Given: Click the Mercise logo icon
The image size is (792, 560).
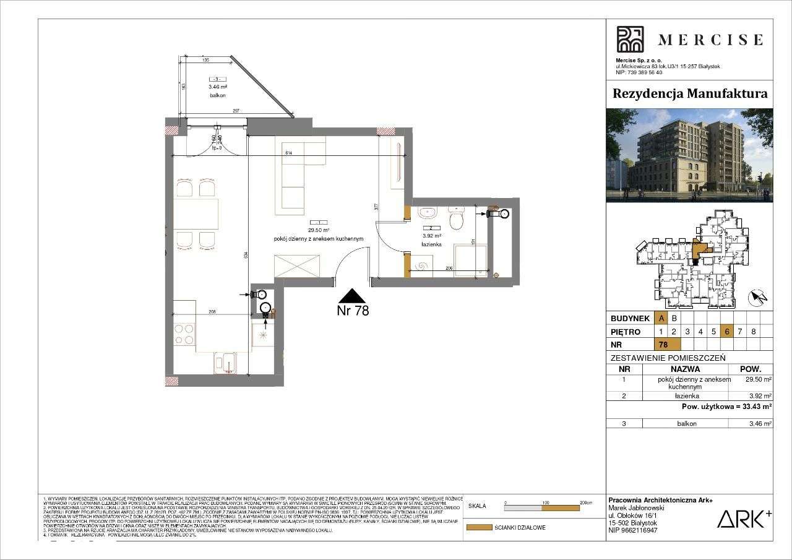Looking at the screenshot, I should pyautogui.click(x=630, y=40).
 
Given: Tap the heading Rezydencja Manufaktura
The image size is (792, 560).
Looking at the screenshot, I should pyautogui.click(x=690, y=93).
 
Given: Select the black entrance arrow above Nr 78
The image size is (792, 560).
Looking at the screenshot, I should pyautogui.click(x=352, y=296).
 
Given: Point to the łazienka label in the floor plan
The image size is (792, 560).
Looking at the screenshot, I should pyautogui.click(x=431, y=244).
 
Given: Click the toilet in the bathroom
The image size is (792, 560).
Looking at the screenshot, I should pyautogui.click(x=457, y=218).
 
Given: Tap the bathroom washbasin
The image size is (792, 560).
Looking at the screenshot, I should pyautogui.click(x=426, y=213).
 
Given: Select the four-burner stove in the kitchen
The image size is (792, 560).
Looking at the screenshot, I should pyautogui.click(x=184, y=334).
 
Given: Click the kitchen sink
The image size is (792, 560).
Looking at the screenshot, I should pyautogui.click(x=225, y=362).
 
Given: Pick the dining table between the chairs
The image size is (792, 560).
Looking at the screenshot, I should pyautogui.click(x=196, y=213).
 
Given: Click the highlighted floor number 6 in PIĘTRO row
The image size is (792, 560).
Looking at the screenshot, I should pyautogui.click(x=727, y=331).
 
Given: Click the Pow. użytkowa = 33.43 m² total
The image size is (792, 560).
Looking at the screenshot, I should pyautogui.click(x=726, y=407).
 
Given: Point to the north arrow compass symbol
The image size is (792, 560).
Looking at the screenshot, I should pyautogui.click(x=757, y=298).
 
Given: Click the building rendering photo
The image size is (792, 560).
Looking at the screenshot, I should pyautogui.click(x=689, y=155).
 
